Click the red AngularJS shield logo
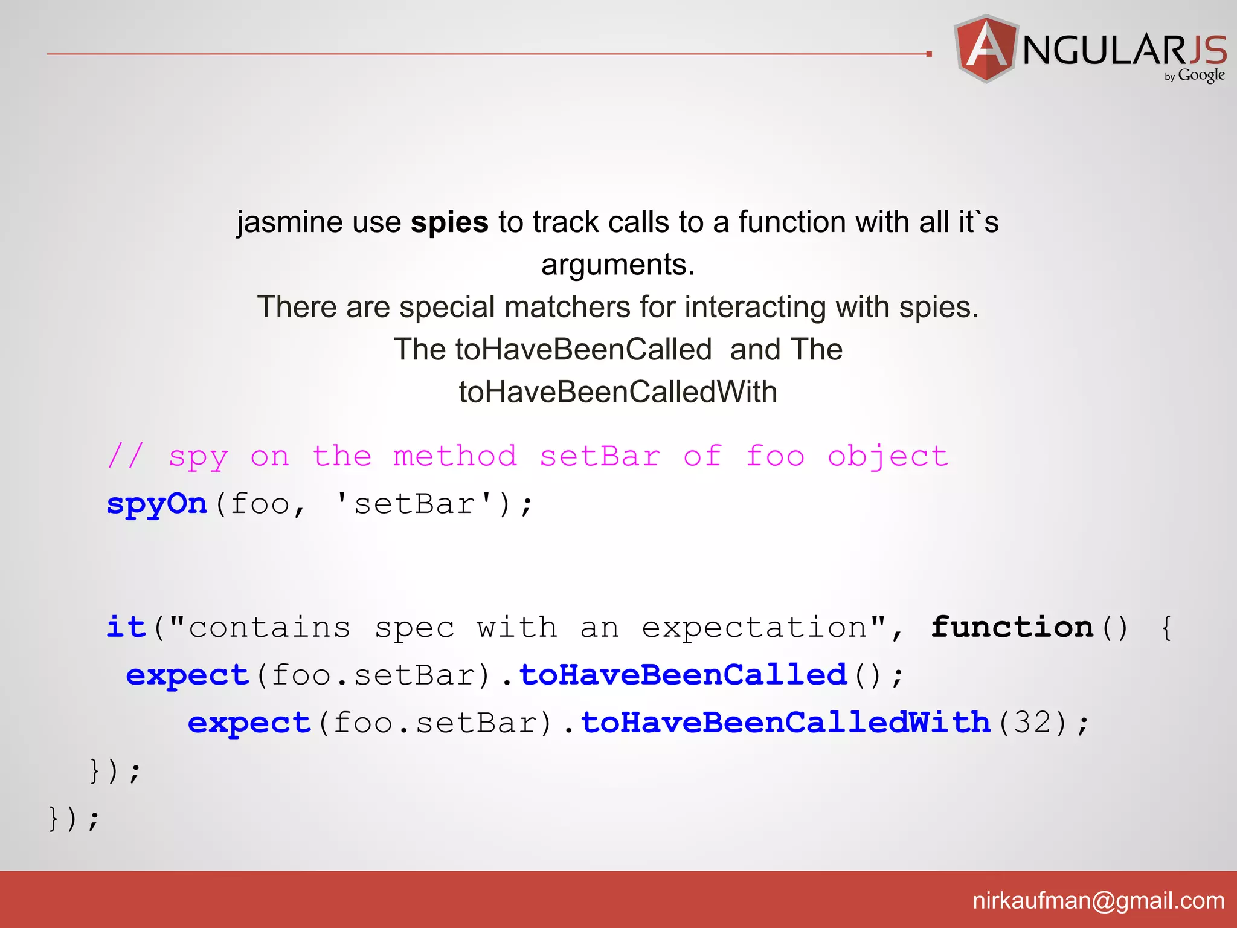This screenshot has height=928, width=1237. click(985, 48)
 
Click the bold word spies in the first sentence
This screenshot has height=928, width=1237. click(449, 222)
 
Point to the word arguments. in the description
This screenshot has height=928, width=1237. click(618, 265)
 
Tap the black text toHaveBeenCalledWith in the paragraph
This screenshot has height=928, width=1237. click(618, 392)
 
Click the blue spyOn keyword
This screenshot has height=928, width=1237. click(157, 504)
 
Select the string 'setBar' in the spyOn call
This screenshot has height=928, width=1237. click(414, 504)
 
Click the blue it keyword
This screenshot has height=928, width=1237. click(126, 627)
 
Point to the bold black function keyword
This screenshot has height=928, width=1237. click(1012, 627)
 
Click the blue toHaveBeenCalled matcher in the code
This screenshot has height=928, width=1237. click(683, 675)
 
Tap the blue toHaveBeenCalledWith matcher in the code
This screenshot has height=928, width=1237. click(786, 723)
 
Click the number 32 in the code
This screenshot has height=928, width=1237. click(1032, 723)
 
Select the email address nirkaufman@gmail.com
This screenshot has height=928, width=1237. click(1098, 901)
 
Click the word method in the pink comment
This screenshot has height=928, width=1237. click(455, 456)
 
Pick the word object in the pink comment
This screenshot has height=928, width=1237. click(887, 456)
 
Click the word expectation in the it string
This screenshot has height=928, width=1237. click(754, 627)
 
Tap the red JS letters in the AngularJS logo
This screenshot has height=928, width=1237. click(1207, 50)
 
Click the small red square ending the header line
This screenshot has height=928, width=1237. click(929, 54)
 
